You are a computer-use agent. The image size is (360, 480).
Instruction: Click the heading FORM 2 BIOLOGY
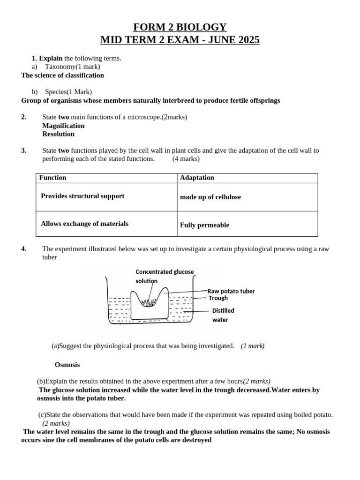180,27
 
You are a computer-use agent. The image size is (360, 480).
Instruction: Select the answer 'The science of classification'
63,75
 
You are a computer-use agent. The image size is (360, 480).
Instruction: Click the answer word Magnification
63,126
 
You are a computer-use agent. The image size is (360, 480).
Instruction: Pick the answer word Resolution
58,134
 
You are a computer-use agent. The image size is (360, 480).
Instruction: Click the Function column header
52,178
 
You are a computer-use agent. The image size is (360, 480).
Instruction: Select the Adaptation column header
197,178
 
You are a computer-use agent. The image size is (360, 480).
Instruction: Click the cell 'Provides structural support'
82,196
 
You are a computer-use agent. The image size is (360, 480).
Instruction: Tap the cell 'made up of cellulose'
210,197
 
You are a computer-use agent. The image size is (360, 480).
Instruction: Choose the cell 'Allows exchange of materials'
84,224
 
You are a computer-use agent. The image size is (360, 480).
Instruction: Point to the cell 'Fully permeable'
204,225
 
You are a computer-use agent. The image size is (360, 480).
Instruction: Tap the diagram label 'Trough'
218,298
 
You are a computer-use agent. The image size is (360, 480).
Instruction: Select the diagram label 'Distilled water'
223,315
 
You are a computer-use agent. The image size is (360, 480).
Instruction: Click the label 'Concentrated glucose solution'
164,276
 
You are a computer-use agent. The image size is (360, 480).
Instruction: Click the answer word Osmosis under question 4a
67,364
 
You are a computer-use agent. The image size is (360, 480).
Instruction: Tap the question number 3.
23,150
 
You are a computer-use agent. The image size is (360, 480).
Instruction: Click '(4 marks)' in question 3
186,159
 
